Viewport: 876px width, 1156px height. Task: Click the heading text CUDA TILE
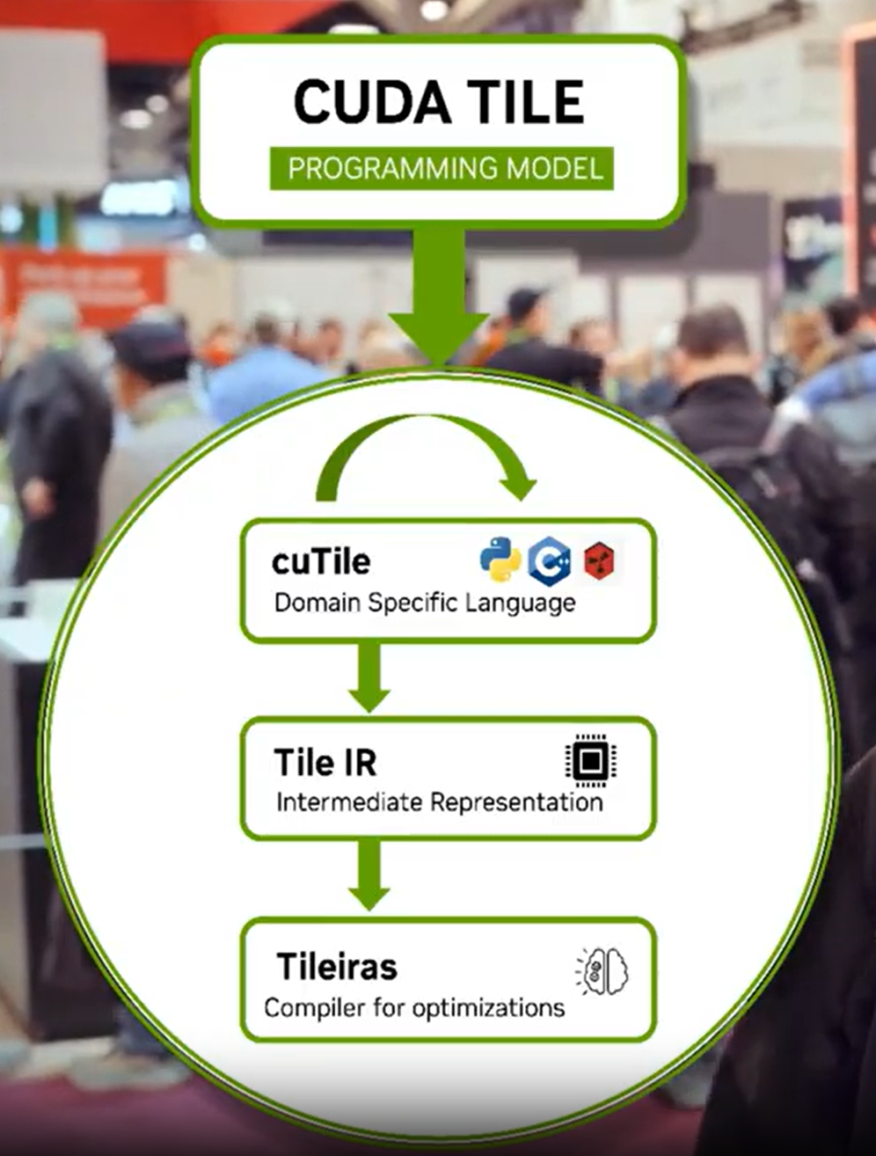(439, 101)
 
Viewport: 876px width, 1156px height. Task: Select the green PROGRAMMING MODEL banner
(442, 168)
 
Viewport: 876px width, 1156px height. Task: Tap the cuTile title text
(321, 561)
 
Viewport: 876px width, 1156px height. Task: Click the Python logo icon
(500, 560)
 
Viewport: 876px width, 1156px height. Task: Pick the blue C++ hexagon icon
(549, 561)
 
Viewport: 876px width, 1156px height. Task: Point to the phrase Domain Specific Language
(425, 603)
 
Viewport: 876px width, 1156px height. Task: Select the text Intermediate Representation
(439, 802)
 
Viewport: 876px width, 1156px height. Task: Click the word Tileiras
(337, 967)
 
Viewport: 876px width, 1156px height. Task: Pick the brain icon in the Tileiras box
(603, 971)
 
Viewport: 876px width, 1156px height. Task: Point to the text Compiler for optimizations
(414, 1007)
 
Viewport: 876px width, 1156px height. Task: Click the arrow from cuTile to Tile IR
(369, 677)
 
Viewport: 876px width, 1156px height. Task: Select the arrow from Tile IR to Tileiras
(369, 874)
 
